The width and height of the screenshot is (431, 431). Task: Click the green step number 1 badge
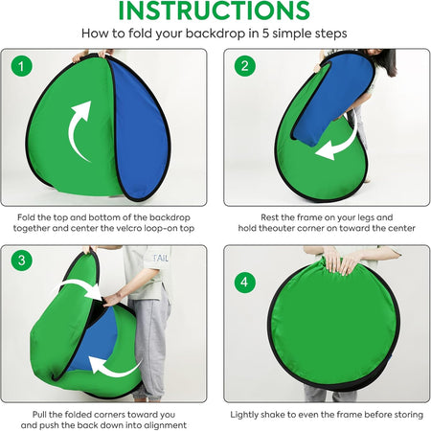pyautogui.click(x=21, y=66)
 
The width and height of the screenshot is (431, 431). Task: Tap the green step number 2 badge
pyautogui.click(x=244, y=66)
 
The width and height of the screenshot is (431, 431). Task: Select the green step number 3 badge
pyautogui.click(x=21, y=261)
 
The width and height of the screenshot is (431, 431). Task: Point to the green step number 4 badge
pyautogui.click(x=244, y=283)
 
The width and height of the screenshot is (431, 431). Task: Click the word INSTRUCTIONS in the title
pyautogui.click(x=215, y=11)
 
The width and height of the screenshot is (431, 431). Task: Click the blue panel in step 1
pyautogui.click(x=141, y=127)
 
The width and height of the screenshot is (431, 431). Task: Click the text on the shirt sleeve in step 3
pyautogui.click(x=161, y=258)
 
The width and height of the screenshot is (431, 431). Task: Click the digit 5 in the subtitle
pyautogui.click(x=265, y=34)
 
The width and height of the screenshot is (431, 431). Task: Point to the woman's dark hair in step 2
pyautogui.click(x=386, y=61)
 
